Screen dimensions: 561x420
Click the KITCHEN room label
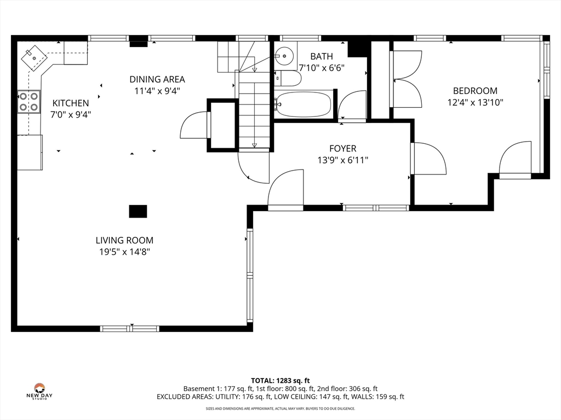tap(71, 103)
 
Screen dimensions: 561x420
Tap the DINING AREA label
tap(157, 79)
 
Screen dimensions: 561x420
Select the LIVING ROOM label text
tap(124, 241)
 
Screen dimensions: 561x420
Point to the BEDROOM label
tap(475, 91)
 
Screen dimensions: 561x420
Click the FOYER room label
tap(343, 149)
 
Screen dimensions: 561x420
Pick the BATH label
tap(322, 56)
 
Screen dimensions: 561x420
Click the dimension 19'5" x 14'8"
tap(124, 252)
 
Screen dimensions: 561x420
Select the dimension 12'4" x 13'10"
tap(475, 102)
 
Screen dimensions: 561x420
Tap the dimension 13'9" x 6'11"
tap(343, 160)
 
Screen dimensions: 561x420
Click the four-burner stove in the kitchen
tap(29, 101)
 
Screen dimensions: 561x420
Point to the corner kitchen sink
tap(35, 58)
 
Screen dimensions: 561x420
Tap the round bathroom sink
tap(284, 56)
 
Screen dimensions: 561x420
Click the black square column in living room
tap(138, 212)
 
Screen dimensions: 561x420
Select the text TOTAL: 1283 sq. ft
tap(280, 381)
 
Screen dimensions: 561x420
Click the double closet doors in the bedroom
tap(408, 79)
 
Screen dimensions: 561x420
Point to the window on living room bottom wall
tap(129, 329)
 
